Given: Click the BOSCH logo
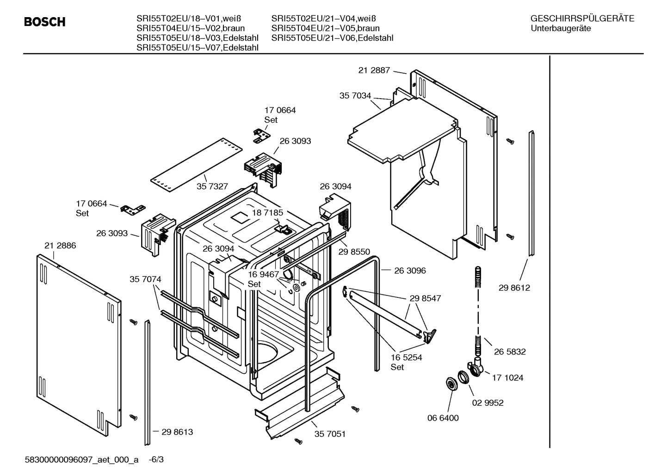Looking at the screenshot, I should tap(44, 22).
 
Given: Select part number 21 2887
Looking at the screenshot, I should tap(374, 70).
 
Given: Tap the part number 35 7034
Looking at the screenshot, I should tap(355, 96).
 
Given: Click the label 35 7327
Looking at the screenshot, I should tap(212, 186).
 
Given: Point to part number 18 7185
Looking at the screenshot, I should tap(267, 213).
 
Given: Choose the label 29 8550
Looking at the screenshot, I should tap(354, 252).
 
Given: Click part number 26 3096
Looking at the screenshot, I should tap(410, 271).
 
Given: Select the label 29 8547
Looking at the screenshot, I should tap(425, 298).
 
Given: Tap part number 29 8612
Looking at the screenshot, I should tap(514, 288).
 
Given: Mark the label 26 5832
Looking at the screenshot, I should tap(510, 352).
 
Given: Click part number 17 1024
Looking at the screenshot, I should tap(507, 378).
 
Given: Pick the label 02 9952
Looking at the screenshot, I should tap(488, 403).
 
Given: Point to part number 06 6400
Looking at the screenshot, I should tap(443, 418).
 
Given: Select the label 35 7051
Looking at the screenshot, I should tap(330, 434).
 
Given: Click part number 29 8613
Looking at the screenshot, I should tap(177, 432).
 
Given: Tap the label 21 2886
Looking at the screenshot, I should tap(60, 245).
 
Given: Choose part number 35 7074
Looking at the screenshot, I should tap(145, 279).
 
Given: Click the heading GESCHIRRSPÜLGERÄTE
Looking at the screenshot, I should tap(582, 19).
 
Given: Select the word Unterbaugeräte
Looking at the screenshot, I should tap(561, 28).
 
